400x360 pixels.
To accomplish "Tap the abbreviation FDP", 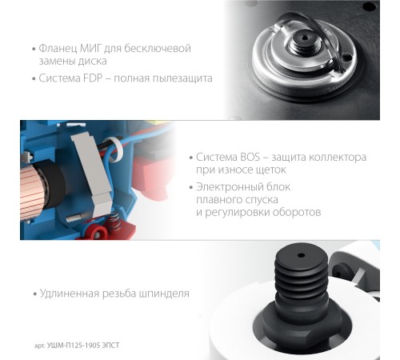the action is click(x=94, y=78).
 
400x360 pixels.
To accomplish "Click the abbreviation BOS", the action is click(x=250, y=157).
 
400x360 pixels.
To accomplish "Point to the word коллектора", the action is click(x=338, y=158).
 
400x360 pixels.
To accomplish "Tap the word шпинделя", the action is click(x=164, y=294).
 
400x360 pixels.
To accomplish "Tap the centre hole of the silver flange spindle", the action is click(x=304, y=38).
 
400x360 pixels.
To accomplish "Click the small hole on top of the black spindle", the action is click(x=301, y=255).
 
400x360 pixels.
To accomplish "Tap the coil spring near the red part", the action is click(x=115, y=221).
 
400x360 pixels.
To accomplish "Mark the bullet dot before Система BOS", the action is click(x=190, y=158).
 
